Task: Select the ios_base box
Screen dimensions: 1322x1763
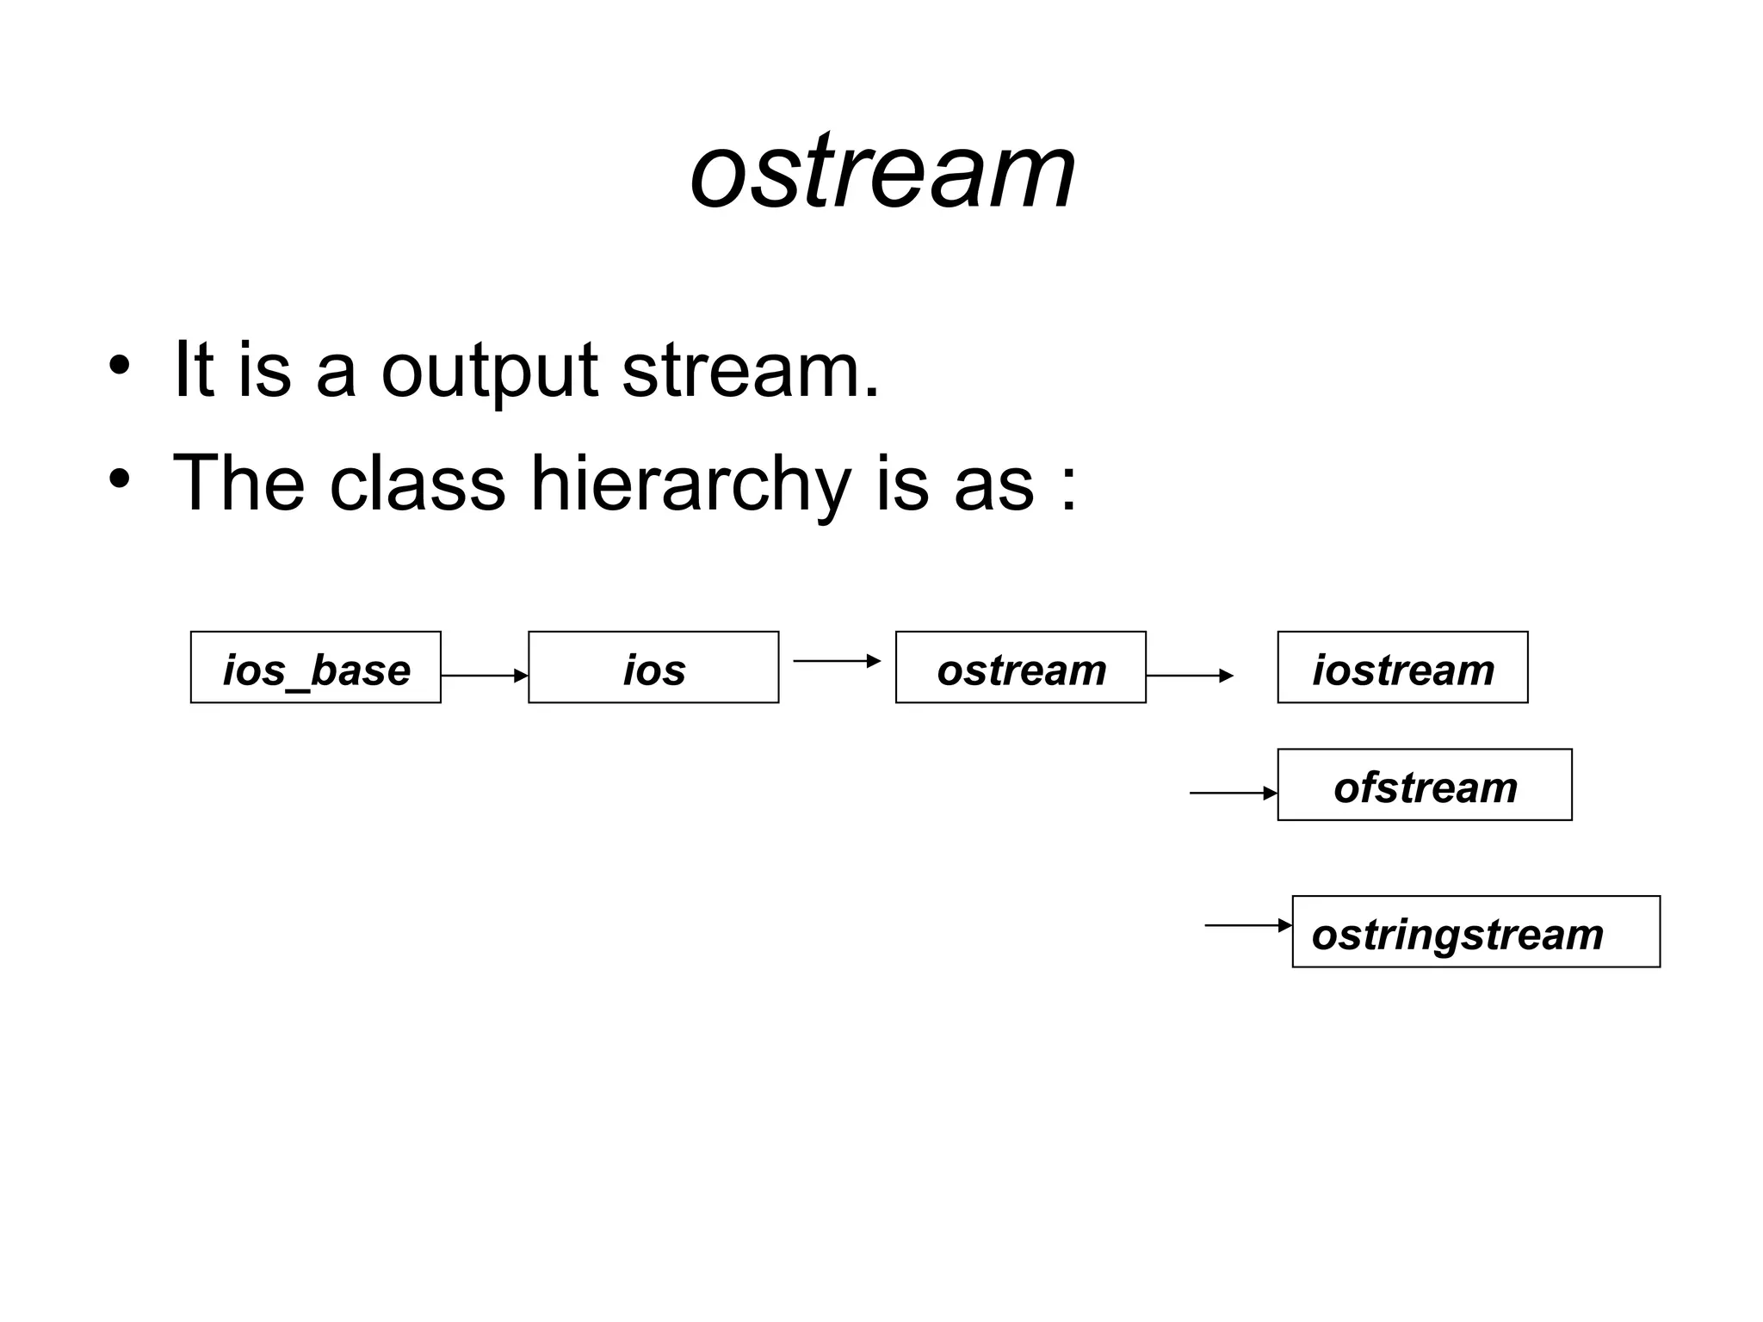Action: [x=315, y=668]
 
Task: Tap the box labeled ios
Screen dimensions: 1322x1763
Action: [x=653, y=668]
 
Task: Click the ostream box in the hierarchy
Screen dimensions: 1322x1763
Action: [x=1020, y=668]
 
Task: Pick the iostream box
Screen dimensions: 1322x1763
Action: [x=1402, y=668]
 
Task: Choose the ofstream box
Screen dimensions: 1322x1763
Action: [x=1425, y=785]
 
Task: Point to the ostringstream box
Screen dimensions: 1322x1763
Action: [x=1475, y=932]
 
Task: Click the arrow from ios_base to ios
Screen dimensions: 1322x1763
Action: [x=484, y=676]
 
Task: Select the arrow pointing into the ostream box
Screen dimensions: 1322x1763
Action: [x=837, y=661]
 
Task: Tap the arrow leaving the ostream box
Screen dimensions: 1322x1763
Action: [x=1190, y=676]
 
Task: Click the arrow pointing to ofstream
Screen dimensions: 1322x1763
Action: [x=1233, y=793]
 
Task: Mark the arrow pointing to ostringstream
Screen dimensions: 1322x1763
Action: [x=1247, y=925]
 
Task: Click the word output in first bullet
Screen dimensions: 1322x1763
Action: [x=489, y=372]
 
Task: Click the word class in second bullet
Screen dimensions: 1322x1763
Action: [x=417, y=484]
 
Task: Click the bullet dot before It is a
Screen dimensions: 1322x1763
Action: [x=119, y=365]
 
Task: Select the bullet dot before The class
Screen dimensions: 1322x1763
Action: [x=119, y=479]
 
